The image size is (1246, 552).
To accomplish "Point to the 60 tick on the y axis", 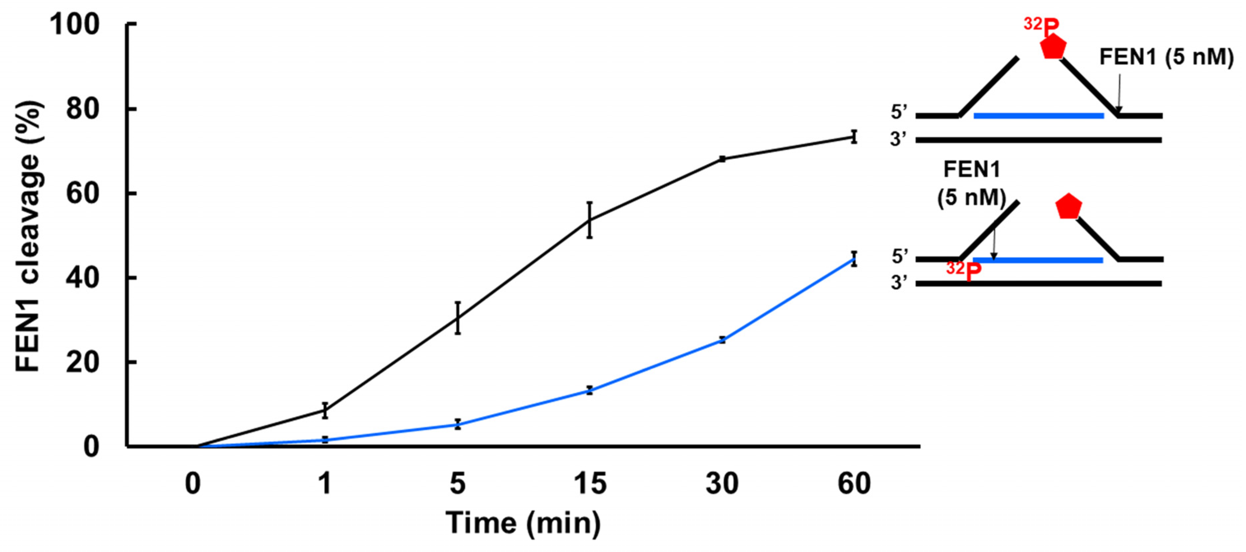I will (x=82, y=193).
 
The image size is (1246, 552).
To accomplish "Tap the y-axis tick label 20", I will (x=82, y=362).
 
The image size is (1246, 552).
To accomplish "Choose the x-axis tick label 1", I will (x=325, y=483).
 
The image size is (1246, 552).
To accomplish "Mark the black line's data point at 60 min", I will (x=854, y=137).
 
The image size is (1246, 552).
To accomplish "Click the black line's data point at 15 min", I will (x=590, y=220).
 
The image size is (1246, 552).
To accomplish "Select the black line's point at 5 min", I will (x=458, y=318).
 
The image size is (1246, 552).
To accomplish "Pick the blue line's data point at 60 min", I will (x=854, y=259).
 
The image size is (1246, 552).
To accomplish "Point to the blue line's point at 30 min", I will (x=722, y=340).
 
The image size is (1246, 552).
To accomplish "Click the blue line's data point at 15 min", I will (x=590, y=390).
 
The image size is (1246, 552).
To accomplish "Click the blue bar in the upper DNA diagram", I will (x=1039, y=116).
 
